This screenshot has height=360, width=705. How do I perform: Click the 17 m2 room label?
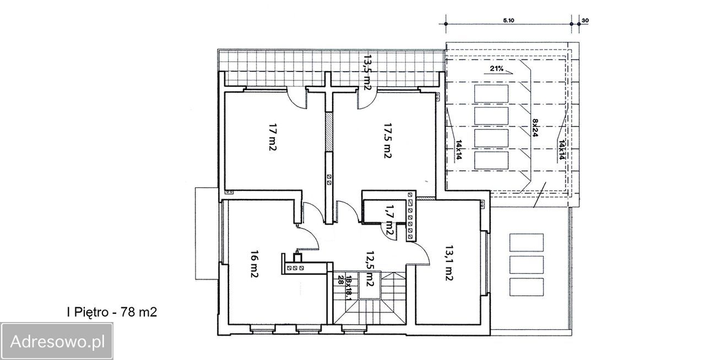point(272,137)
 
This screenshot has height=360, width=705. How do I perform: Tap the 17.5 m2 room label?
point(387,140)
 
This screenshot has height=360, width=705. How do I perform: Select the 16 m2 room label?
point(254,264)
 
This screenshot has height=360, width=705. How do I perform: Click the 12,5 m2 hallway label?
point(370,269)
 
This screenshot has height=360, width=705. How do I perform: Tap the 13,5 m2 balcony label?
point(367,72)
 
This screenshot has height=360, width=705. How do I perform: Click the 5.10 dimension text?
point(508,20)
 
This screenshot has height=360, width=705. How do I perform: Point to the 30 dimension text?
point(585,20)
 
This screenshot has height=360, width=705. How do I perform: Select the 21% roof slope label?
point(497,68)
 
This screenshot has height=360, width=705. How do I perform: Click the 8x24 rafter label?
point(535,128)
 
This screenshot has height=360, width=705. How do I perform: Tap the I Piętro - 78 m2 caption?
point(112,312)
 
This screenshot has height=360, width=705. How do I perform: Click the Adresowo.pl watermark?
point(57,342)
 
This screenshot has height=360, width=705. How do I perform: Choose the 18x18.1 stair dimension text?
point(349,288)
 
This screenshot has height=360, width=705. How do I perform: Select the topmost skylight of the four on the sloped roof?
point(491,94)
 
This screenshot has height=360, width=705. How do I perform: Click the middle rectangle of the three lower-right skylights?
point(526,265)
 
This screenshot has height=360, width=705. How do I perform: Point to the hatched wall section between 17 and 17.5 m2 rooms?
point(329,132)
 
